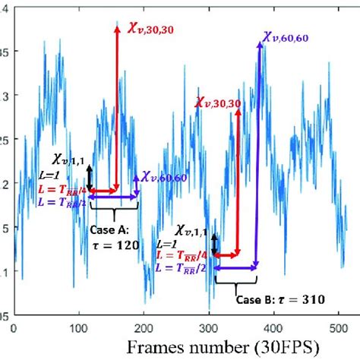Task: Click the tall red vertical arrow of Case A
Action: [x=117, y=106]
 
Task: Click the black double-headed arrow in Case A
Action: [x=90, y=178]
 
